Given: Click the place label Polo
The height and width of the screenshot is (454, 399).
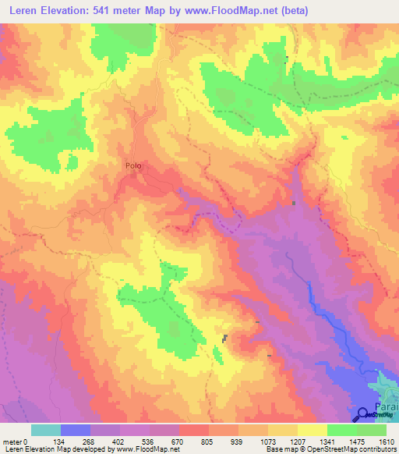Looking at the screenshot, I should pyautogui.click(x=133, y=165).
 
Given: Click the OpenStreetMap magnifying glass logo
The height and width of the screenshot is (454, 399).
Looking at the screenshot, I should pyautogui.click(x=363, y=416).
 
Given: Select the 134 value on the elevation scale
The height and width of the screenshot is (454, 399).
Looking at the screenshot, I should pyautogui.click(x=60, y=442).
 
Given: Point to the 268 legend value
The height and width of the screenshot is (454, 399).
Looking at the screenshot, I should pyautogui.click(x=90, y=442).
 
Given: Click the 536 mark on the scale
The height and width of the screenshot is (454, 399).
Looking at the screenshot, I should pyautogui.click(x=149, y=442).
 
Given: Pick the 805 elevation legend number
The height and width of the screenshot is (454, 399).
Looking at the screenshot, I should pyautogui.click(x=208, y=442).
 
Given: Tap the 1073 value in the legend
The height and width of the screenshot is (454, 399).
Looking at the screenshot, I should pyautogui.click(x=267, y=442).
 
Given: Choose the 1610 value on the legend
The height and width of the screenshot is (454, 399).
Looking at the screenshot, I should pyautogui.click(x=386, y=442).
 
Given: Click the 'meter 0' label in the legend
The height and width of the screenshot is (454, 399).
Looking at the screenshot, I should pyautogui.click(x=15, y=442).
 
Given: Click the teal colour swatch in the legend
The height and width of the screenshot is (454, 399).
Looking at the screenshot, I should pyautogui.click(x=45, y=430).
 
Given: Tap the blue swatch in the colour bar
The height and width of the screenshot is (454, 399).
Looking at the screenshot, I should pyautogui.click(x=75, y=430).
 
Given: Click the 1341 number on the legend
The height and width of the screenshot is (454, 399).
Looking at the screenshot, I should pyautogui.click(x=327, y=442).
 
